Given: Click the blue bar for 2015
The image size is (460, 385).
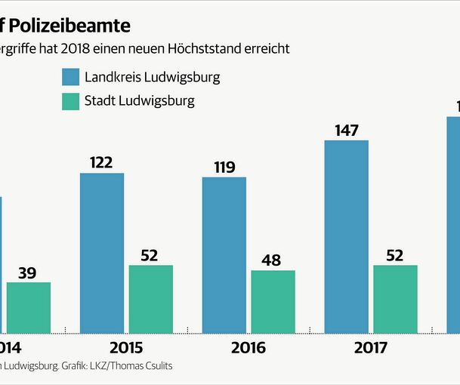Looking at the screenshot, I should tap(102, 253).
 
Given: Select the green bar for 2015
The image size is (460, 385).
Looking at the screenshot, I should tap(151, 299).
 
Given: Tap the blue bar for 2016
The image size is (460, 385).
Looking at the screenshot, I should tap(224, 255).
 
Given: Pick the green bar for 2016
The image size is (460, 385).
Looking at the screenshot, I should tap(273, 302).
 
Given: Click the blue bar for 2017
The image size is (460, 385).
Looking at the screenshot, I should tap(346, 236).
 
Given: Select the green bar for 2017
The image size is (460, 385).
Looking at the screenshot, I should tap(395, 299).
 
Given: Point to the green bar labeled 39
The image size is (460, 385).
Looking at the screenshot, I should tap(29, 307).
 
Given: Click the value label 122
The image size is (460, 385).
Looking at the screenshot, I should tap(102, 162).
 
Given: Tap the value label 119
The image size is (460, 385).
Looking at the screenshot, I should tap(224, 166).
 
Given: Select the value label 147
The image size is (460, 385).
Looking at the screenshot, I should tap(346, 130).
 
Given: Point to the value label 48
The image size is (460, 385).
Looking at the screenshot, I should tap(270, 260).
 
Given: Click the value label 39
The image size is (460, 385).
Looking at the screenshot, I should tap(28, 272).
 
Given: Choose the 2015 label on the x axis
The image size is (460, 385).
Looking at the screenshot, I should tap(126, 348).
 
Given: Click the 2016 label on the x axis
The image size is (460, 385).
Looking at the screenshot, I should tap(249, 348).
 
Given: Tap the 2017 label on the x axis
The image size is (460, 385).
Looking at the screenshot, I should tap(370, 348).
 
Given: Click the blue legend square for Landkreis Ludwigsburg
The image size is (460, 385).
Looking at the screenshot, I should tap(71, 77).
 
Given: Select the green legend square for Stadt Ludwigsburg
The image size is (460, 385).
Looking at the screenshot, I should tap(71, 101).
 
